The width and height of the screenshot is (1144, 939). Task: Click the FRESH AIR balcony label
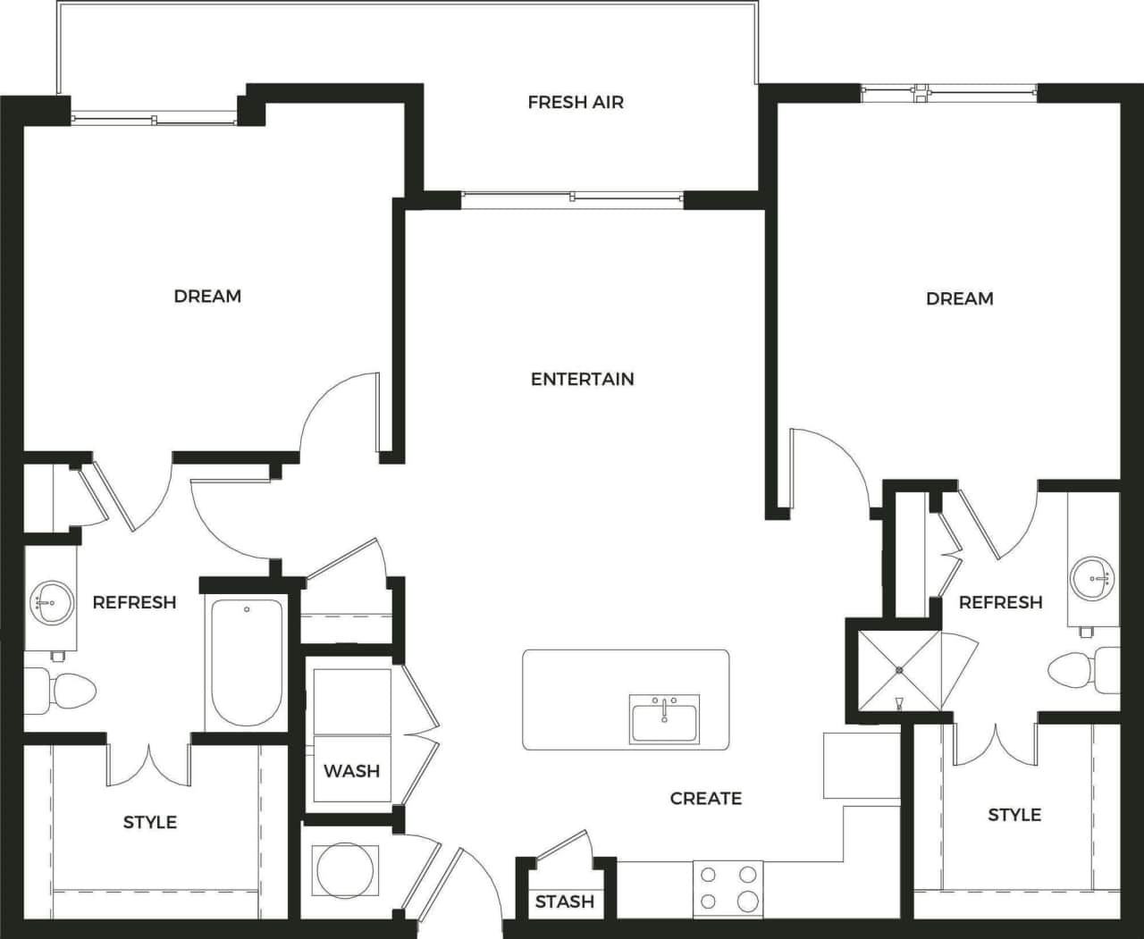576,103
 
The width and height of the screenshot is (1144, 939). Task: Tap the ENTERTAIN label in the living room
582,379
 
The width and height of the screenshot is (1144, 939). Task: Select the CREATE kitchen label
705,798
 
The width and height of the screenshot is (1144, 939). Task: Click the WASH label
351,770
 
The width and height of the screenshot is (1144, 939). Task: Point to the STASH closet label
564,901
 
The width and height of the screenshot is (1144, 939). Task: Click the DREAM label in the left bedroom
207,296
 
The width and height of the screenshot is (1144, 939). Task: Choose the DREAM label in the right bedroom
959,298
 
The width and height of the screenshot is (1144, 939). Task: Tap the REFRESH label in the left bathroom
134,602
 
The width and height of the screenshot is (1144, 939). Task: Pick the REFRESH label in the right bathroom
1000,602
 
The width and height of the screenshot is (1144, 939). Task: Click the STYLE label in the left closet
149,822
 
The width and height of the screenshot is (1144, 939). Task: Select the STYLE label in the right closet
1014,815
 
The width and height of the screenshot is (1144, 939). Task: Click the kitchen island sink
664,719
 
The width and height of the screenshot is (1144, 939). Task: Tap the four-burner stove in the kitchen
728,888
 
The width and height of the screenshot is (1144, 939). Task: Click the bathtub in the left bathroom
247,662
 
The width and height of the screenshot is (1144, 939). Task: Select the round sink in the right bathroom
1092,578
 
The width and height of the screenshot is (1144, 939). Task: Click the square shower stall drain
899,670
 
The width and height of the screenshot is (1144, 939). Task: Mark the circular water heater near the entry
345,870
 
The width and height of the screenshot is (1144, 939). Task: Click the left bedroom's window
154,118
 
